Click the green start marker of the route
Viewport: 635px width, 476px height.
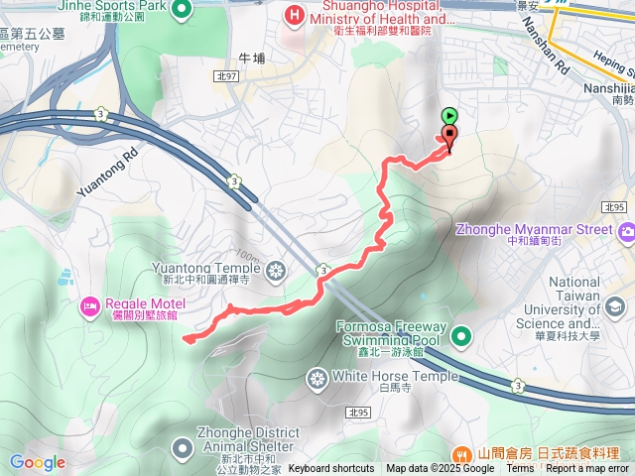pos(449,116)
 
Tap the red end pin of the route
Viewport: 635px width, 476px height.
pos(449,137)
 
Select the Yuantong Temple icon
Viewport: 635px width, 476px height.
pos(275,270)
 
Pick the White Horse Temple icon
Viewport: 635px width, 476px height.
pos(317,378)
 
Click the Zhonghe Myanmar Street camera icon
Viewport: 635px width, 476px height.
pos(626,232)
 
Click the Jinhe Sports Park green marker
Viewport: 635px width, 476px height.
pos(182,11)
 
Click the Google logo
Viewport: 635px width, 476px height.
pos(38,462)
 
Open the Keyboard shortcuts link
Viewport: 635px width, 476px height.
pos(330,469)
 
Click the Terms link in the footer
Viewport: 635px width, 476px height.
pos(520,469)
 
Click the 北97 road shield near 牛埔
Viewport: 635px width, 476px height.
pos(226,76)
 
